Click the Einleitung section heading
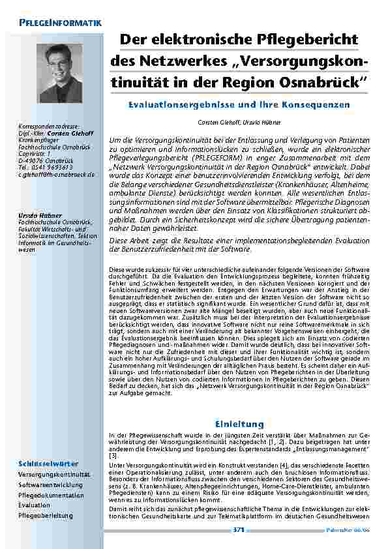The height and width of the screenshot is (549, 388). tap(238, 424)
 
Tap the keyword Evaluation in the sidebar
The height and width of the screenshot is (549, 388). tap(35, 505)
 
